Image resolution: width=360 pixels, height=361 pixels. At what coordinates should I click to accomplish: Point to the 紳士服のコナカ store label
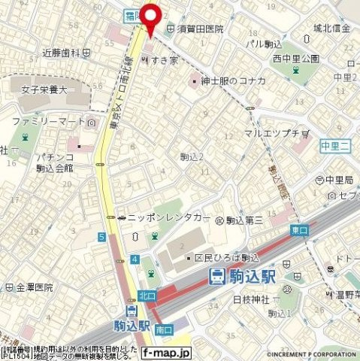click(x=230, y=80)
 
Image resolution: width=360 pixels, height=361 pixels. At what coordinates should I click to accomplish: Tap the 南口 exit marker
click(x=164, y=329)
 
